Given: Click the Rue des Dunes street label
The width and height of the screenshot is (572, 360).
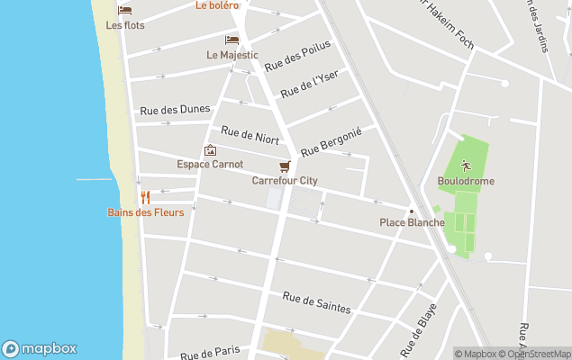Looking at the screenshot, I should pyautogui.click(x=175, y=110).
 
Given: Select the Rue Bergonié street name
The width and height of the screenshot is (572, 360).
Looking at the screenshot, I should pyautogui.click(x=331, y=140).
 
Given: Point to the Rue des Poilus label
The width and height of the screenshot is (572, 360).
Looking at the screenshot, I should pyautogui.click(x=297, y=56).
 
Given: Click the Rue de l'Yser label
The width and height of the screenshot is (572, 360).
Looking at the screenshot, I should pyautogui.click(x=309, y=84).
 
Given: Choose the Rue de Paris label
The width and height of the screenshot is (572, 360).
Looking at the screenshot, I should pyautogui.click(x=210, y=351).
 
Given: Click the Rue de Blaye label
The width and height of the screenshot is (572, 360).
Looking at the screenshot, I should pyautogui.click(x=419, y=329).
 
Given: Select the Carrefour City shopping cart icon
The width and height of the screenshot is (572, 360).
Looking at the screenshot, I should pyautogui.click(x=285, y=166).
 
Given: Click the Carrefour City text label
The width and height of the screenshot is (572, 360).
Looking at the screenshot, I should pyautogui.click(x=285, y=181).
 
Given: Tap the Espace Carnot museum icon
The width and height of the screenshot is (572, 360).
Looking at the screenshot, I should pyautogui.click(x=210, y=150).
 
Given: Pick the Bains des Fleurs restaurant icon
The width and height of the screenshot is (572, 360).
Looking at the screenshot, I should pyautogui.click(x=144, y=197).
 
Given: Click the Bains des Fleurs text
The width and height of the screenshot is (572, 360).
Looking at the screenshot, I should pyautogui.click(x=146, y=212).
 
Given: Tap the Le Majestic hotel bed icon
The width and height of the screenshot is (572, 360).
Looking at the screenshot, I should pyautogui.click(x=232, y=40).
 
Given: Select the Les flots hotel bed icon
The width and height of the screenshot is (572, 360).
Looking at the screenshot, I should pyautogui.click(x=124, y=11).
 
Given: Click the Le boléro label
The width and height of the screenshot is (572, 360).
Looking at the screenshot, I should pyautogui.click(x=217, y=5).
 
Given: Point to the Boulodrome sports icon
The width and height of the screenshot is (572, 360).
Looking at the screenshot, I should pyautogui.click(x=465, y=165).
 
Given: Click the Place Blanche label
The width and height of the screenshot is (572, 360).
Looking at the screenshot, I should pyautogui.click(x=412, y=222).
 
